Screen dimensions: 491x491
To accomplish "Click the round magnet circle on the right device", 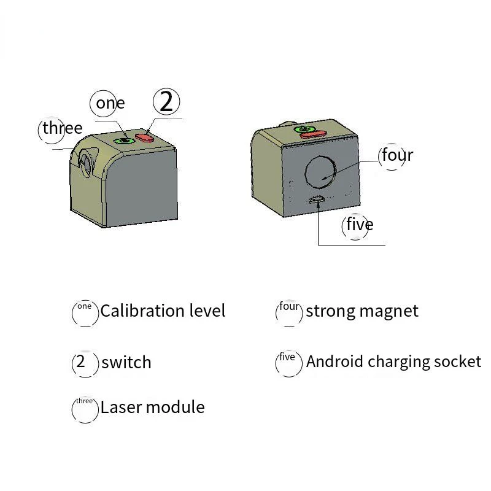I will coord(321,171).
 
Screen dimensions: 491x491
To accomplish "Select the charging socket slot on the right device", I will coord(319,198).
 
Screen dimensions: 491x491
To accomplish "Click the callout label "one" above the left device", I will coord(110,103).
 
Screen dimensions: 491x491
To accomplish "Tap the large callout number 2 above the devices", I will coord(166,101).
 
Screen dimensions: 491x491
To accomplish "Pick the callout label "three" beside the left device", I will coord(62,128).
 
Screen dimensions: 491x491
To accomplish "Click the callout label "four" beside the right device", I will coord(396,155).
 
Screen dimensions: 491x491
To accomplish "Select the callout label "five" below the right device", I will coord(359,225).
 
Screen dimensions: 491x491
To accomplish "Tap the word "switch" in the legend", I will coord(126,362).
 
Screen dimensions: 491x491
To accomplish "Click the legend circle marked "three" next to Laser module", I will coord(85,410).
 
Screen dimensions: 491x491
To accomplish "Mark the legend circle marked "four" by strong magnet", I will coord(289,312).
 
